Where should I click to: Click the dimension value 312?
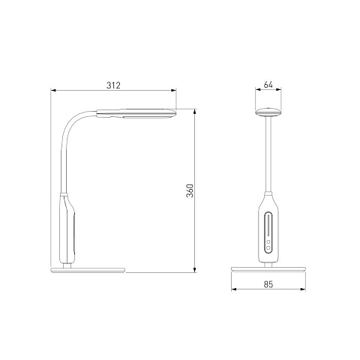tap(113, 85)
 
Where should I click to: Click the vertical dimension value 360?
tap(190, 190)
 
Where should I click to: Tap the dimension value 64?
tap(268, 85)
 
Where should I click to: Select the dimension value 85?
tap(268, 284)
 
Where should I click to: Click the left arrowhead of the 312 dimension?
tap(53, 90)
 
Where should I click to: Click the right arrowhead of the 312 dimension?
tap(173, 90)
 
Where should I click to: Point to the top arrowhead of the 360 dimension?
tap(195, 112)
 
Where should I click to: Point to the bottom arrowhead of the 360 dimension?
tap(195, 269)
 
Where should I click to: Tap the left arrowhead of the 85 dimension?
tap(234, 289)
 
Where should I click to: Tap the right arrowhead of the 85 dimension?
tap(303, 289)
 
